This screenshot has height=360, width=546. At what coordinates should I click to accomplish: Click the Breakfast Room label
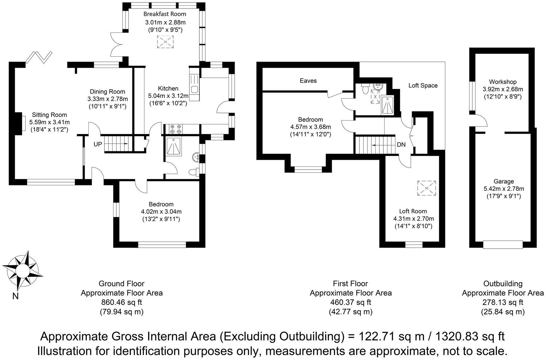tap(164, 14)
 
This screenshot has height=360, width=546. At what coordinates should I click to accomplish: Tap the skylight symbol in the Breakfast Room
tap(165, 42)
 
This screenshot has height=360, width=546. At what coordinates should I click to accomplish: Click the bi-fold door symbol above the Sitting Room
tap(39, 57)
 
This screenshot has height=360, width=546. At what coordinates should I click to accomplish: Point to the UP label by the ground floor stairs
tap(98, 144)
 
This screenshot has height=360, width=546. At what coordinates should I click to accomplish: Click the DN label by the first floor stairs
tap(401, 145)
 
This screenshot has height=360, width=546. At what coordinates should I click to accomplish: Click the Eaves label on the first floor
tap(308, 81)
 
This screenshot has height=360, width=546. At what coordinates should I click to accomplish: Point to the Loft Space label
tap(423, 85)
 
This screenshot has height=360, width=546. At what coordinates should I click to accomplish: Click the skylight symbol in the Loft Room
tap(426, 188)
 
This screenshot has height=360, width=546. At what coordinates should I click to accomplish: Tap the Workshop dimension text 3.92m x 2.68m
tap(503, 89)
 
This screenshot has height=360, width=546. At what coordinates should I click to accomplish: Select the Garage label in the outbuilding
tap(504, 181)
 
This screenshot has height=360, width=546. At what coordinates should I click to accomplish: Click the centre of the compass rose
tap(22, 269)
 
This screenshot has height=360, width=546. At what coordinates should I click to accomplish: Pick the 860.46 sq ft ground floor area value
tap(121, 302)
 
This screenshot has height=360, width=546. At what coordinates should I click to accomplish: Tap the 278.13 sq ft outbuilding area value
tap(503, 302)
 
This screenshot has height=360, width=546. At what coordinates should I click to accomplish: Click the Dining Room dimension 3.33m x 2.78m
tap(108, 99)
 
